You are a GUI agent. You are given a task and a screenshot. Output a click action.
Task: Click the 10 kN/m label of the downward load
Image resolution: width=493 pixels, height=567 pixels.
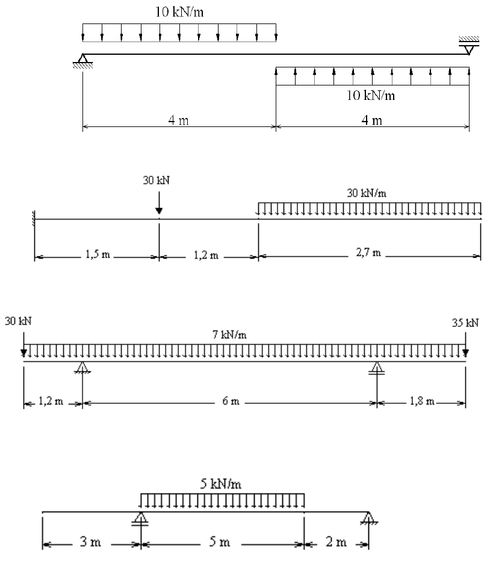coord(179,11)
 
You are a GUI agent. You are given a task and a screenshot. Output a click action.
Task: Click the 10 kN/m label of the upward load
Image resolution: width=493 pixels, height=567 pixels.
coord(373,95)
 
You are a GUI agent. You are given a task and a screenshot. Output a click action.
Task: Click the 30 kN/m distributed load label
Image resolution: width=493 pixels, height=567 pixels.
coord(368,193)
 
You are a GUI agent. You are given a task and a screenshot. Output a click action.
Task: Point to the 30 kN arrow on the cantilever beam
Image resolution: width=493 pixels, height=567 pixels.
coord(158,204)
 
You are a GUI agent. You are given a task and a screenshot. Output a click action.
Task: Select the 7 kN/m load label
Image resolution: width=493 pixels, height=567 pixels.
coord(229,335)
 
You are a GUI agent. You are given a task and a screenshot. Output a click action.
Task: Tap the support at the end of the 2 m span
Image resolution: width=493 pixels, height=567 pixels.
coord(368,518)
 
